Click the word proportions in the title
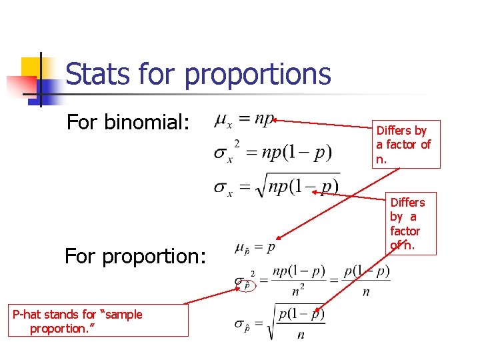pos(257,75)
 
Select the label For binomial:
pos(128,122)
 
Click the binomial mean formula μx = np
pos(243,120)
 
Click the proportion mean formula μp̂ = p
pos(255,248)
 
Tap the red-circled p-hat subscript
pos(247,285)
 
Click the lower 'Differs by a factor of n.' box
pos(407,223)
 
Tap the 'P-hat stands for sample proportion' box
pos(98,321)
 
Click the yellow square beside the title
pos(33,69)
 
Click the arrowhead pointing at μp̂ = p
pos(280,237)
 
